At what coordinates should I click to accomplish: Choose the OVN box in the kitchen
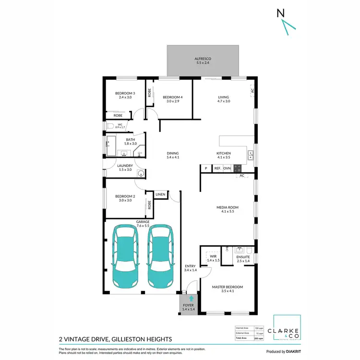tap(227, 168)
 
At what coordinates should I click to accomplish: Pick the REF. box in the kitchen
tap(217, 168)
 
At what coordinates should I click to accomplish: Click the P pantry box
tap(205, 168)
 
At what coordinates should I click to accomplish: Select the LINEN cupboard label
tap(160, 194)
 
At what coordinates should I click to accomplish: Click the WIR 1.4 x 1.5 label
tap(212, 258)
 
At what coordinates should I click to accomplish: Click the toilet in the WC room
tap(109, 126)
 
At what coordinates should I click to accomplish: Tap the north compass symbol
tap(284, 22)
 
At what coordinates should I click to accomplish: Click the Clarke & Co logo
tap(287, 331)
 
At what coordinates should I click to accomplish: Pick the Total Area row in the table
tap(251, 338)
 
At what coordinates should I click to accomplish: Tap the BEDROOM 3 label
tap(125, 95)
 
